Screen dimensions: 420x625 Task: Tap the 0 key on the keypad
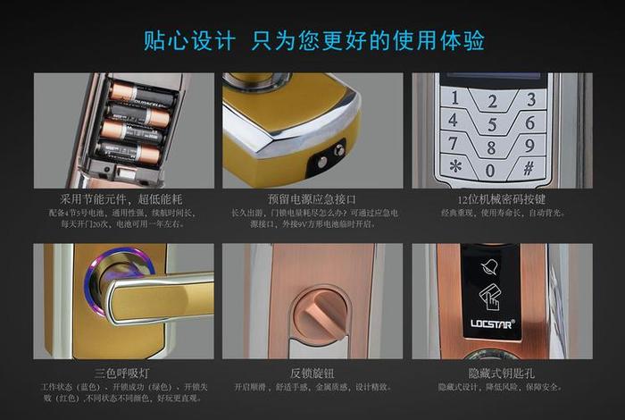click(490, 169)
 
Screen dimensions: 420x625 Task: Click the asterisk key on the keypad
click(455, 166)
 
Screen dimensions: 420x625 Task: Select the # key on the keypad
click(528, 167)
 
